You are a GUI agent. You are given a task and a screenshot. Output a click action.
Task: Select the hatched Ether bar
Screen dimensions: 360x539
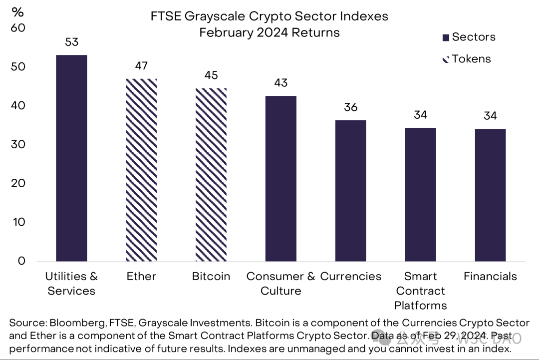click(x=141, y=170)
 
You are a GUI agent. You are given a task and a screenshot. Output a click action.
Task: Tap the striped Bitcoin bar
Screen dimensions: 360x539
click(x=211, y=175)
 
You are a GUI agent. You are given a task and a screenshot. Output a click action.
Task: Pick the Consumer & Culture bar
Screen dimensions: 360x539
click(x=281, y=178)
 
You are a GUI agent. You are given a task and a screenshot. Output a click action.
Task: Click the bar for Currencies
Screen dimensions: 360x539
click(x=351, y=191)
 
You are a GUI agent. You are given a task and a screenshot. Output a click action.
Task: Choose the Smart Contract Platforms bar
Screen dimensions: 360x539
click(x=420, y=194)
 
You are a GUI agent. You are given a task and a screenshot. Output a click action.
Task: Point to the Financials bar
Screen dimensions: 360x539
click(x=490, y=195)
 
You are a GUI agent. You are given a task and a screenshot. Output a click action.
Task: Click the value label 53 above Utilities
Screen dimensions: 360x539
click(x=71, y=42)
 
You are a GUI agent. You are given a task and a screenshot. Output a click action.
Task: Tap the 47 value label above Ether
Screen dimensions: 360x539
click(x=141, y=66)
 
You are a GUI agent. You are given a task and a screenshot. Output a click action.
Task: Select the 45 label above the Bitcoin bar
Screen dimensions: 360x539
click(x=211, y=75)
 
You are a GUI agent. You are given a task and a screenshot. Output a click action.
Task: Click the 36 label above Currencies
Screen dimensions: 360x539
click(x=351, y=107)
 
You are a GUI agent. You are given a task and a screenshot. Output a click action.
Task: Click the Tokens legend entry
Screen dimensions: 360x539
click(x=466, y=59)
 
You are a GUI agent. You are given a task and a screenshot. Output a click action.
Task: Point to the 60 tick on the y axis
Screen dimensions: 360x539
click(x=18, y=28)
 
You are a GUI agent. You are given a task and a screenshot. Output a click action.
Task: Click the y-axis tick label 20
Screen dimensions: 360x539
click(x=18, y=183)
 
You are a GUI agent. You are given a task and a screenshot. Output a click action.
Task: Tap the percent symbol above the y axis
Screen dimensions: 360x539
click(x=18, y=12)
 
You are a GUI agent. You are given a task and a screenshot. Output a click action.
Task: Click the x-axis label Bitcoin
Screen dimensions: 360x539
click(x=211, y=277)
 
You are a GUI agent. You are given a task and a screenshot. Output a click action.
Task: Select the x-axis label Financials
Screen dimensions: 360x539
click(x=490, y=277)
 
